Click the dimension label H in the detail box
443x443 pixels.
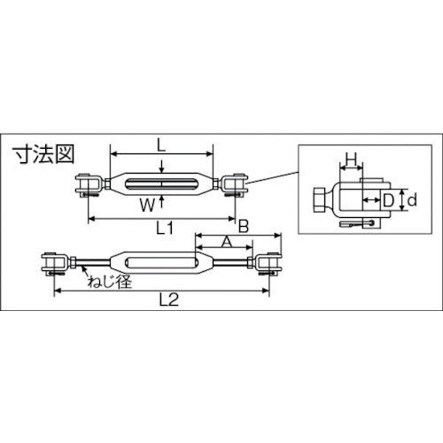(351, 159)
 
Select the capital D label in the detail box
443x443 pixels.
(387, 201)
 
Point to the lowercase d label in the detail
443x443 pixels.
(411, 201)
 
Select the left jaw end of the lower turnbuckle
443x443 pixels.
(55, 262)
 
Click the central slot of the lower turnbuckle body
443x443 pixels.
(162, 262)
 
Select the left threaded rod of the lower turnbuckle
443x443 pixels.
(93, 262)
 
